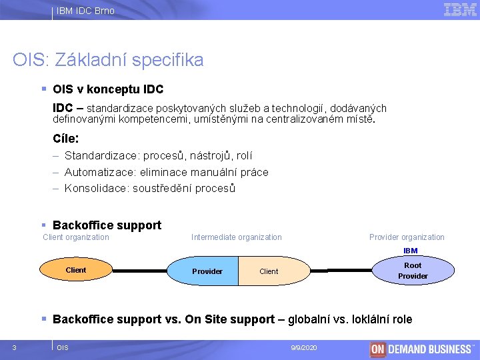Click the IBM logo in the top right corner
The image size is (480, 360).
click(x=460, y=9)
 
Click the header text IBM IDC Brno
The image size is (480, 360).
click(x=85, y=11)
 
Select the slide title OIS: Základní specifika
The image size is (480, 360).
click(x=108, y=60)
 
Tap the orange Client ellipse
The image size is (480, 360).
click(x=76, y=270)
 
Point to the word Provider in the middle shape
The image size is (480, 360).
click(x=207, y=271)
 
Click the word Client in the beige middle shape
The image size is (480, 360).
click(x=269, y=271)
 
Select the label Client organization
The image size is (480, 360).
click(x=76, y=237)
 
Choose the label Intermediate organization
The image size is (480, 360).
click(x=237, y=237)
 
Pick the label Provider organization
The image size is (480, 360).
click(x=407, y=237)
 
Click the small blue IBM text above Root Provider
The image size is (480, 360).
click(x=410, y=251)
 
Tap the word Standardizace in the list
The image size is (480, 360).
click(x=97, y=156)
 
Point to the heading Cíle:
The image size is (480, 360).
click(x=66, y=139)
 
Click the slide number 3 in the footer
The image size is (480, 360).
click(x=14, y=347)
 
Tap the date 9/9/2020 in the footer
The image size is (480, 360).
click(x=305, y=348)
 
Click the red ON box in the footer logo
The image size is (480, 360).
click(x=378, y=349)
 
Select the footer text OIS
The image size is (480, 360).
click(x=63, y=348)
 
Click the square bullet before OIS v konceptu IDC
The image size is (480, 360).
click(x=43, y=89)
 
